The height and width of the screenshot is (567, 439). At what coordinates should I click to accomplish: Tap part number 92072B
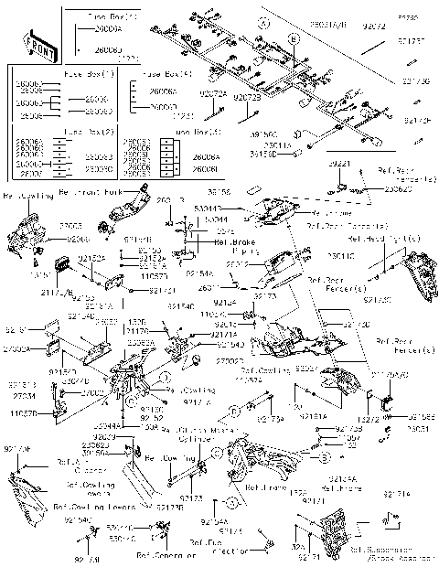pyautogui.click(x=246, y=97)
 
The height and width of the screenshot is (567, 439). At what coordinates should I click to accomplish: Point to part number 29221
pyautogui.click(x=341, y=163)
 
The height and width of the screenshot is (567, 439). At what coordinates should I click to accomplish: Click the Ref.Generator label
pyautogui.click(x=166, y=555)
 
